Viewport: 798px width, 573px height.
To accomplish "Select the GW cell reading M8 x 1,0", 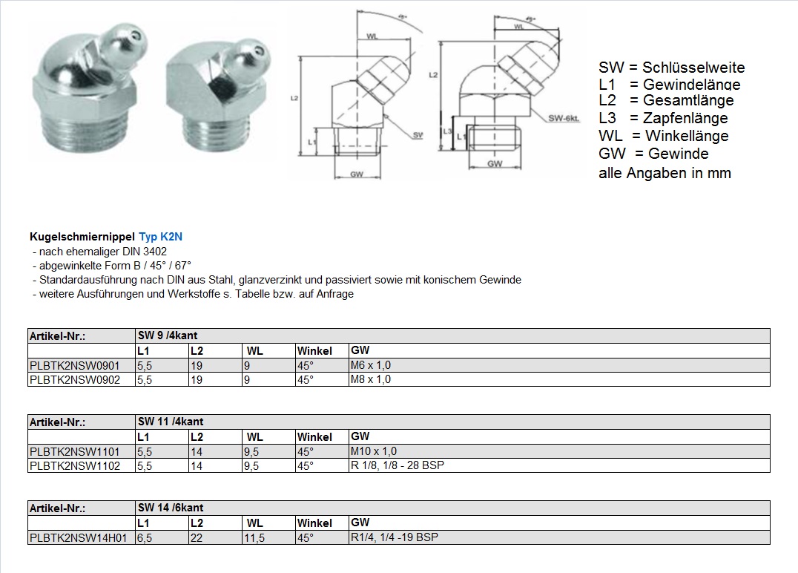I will click(x=370, y=379).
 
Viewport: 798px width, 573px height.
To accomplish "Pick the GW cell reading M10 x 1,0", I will click(x=373, y=451).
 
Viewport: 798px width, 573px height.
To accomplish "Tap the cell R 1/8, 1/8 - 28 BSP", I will click(x=397, y=465).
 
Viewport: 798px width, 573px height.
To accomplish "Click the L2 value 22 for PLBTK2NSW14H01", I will click(x=197, y=537).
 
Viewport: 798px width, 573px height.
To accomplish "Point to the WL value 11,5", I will click(x=254, y=537).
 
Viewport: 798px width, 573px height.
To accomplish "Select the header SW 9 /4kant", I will click(x=168, y=335).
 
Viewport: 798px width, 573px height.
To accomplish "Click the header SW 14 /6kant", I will click(x=171, y=508).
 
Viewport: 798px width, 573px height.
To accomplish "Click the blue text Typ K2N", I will click(x=160, y=237).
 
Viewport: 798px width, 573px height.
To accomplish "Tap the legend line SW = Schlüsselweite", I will click(x=671, y=68).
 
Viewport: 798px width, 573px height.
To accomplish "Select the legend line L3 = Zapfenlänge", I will click(x=663, y=118).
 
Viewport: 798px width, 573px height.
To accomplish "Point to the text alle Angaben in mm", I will click(x=665, y=174).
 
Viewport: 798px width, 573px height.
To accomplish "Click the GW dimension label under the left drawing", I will click(x=357, y=175).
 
